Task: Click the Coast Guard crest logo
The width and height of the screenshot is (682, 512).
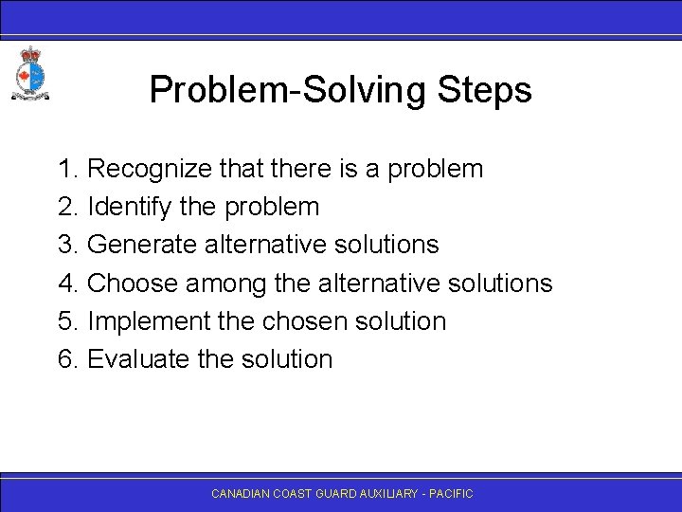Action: pos(29,73)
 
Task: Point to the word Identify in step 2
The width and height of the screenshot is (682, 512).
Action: pos(123,207)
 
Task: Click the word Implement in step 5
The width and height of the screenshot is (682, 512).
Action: pos(143,321)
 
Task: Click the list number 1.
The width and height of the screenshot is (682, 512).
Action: pos(66,170)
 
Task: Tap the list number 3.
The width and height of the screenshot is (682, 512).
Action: pos(66,245)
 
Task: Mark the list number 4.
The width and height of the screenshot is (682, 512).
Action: pos(66,283)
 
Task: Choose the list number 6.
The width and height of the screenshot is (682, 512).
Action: pos(66,359)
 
